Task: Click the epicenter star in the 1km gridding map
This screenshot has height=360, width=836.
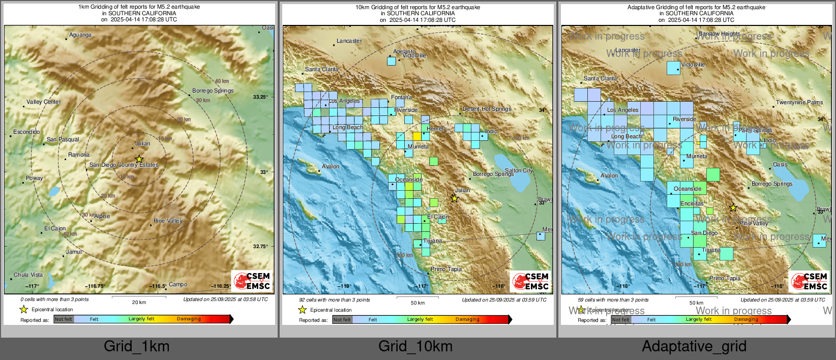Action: pyautogui.click(x=139, y=159)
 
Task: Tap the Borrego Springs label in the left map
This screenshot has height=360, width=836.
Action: pyautogui.click(x=213, y=91)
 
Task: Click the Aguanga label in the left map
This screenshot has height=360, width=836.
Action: pyautogui.click(x=80, y=35)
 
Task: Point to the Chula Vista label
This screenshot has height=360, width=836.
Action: pyautogui.click(x=28, y=275)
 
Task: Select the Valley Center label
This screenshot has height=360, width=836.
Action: pyautogui.click(x=43, y=102)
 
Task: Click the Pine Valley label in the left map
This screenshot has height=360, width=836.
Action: pyautogui.click(x=168, y=221)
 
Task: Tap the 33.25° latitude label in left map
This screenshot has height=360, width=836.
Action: pyautogui.click(x=260, y=97)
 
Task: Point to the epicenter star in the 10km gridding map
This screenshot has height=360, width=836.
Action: pyautogui.click(x=455, y=198)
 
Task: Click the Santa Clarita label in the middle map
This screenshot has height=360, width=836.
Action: pyautogui.click(x=322, y=69)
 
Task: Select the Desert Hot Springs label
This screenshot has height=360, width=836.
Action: pyautogui.click(x=487, y=109)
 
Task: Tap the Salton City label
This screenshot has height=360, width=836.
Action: pyautogui.click(x=519, y=170)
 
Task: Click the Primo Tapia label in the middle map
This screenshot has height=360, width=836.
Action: pyautogui.click(x=446, y=269)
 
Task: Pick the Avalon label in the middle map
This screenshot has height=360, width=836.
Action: pyautogui.click(x=330, y=166)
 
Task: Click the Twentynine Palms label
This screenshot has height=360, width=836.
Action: pyautogui.click(x=799, y=102)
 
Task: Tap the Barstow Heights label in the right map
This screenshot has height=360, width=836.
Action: pyautogui.click(x=719, y=34)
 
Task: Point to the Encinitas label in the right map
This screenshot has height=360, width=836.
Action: pyautogui.click(x=692, y=203)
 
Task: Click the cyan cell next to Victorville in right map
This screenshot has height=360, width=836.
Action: pyautogui.click(x=673, y=68)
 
